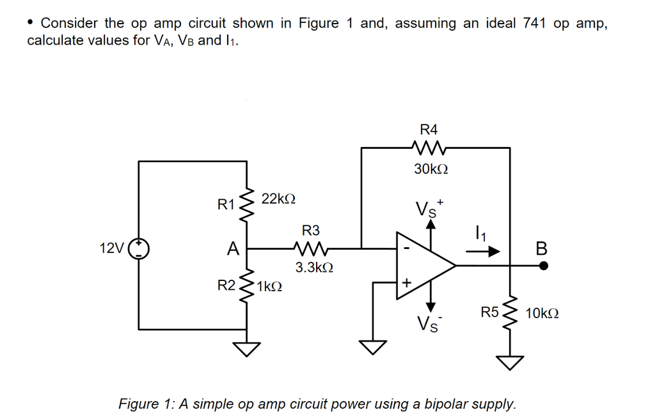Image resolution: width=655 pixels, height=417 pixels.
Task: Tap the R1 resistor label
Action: click(x=226, y=205)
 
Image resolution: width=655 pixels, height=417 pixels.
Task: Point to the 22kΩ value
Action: click(x=278, y=199)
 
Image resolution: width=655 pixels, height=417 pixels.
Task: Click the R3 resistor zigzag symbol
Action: click(x=310, y=248)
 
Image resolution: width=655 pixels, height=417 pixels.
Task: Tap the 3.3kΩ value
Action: click(x=313, y=267)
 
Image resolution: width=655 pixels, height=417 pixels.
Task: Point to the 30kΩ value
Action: click(x=430, y=169)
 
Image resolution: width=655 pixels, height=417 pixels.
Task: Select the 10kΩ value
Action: click(x=542, y=314)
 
